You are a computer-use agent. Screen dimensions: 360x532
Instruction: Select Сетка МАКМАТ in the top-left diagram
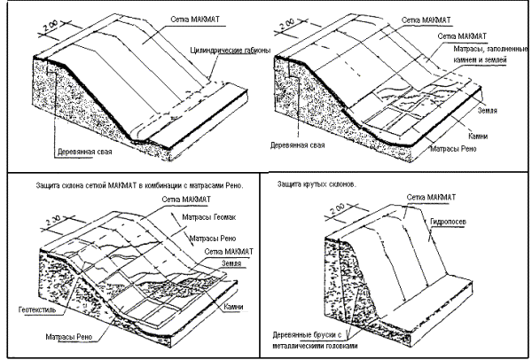tap(183, 18)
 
